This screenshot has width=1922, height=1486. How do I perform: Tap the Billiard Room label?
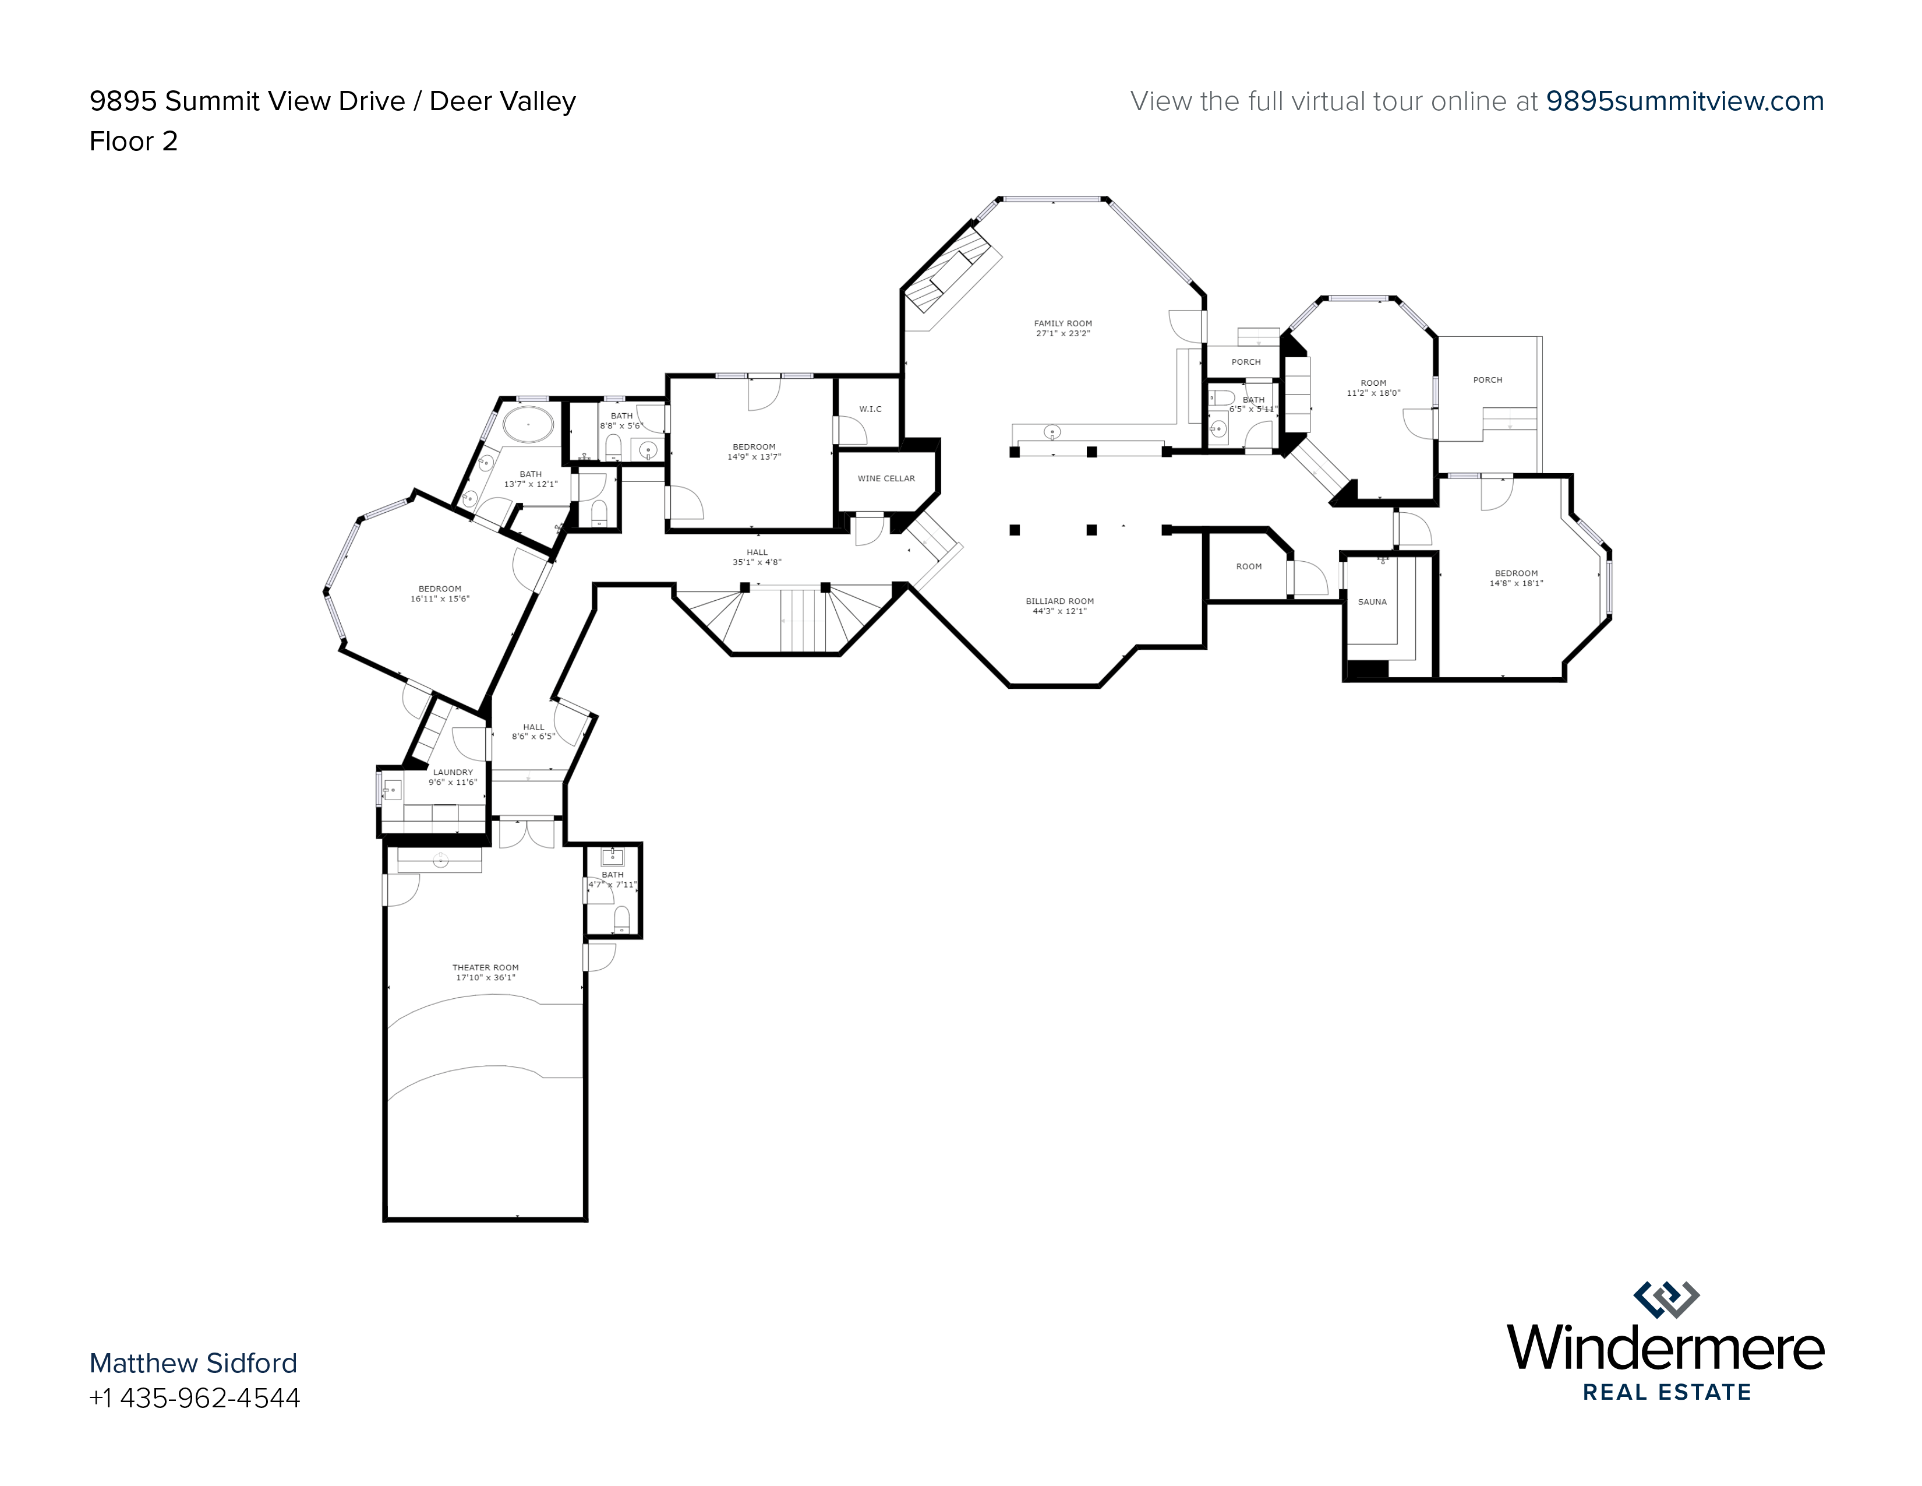point(1059,601)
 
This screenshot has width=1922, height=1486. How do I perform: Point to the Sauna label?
point(1372,602)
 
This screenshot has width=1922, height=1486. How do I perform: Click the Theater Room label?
point(486,967)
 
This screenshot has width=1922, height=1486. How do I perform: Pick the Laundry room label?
point(453,772)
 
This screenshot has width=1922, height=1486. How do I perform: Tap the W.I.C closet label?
point(870,409)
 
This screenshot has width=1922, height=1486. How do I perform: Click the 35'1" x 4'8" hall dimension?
point(757,562)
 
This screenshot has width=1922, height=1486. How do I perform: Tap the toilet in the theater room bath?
point(621,919)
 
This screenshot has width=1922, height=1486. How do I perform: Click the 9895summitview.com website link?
point(1686,101)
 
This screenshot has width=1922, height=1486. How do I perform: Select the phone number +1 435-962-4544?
point(195,1398)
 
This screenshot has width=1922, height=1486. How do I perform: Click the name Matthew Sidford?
point(193,1363)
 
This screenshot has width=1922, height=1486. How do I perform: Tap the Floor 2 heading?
point(134,141)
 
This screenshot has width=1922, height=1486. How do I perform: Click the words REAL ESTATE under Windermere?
point(1667,1392)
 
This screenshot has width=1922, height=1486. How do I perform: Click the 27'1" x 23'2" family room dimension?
point(1063,334)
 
